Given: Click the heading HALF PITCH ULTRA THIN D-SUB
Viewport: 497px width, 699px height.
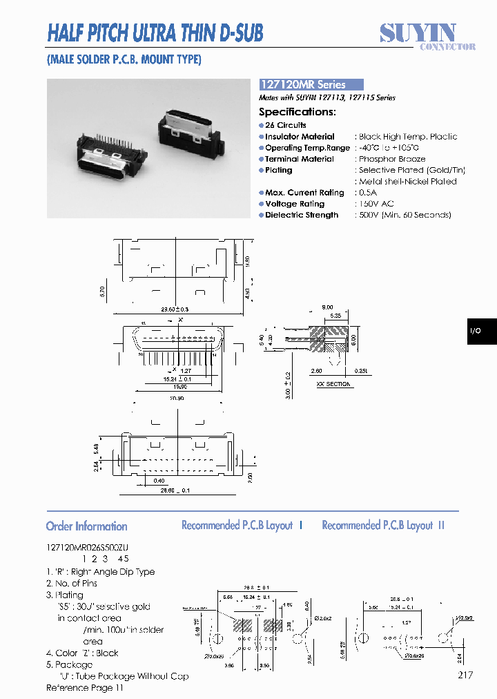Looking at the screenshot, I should [x=155, y=32].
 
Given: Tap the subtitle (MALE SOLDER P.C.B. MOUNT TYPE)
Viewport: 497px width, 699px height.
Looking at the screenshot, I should [x=124, y=59].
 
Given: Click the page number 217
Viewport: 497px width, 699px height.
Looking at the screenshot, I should [x=464, y=675].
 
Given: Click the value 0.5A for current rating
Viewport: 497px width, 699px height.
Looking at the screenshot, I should [x=369, y=193].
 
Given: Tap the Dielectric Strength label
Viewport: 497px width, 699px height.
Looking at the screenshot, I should [x=302, y=215].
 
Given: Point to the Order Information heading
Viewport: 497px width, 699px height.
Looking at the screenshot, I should [x=86, y=526].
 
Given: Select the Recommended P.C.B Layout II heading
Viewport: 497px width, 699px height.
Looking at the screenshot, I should [x=383, y=526].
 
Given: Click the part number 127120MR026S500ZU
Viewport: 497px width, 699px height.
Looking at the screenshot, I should [x=88, y=546].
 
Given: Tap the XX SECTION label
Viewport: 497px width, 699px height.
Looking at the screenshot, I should [x=333, y=384].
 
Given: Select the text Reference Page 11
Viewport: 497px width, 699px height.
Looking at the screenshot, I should [x=85, y=688].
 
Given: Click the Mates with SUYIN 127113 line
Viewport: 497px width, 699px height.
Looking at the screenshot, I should [x=327, y=98].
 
